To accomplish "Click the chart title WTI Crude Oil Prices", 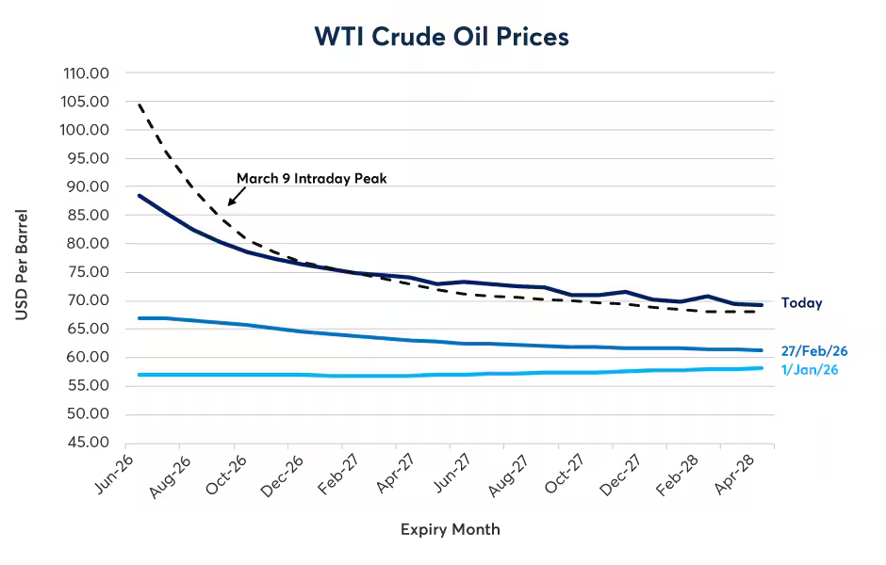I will (442, 37).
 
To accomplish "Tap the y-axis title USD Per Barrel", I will (22, 265).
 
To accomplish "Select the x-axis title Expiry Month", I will (451, 529).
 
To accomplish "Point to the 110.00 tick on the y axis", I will (85, 73).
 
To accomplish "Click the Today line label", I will (801, 303).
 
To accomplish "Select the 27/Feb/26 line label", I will (814, 351).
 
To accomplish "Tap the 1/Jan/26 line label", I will (810, 369).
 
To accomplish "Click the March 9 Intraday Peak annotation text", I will (311, 178).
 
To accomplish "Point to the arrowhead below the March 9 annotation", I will (230, 202).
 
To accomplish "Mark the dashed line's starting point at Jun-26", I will (139, 105).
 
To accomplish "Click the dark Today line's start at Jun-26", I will (139, 196).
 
